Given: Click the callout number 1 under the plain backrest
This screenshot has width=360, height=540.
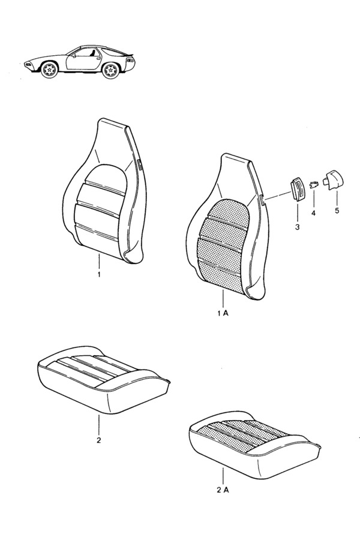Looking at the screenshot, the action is point(99,275).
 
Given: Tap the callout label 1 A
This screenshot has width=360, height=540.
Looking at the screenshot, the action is point(223,313).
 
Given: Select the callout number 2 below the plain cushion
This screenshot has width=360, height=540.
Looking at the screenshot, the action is point(98,440).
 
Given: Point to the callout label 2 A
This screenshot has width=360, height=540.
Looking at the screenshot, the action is point(223,490).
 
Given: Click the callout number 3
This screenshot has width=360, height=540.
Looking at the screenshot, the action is point(297,227).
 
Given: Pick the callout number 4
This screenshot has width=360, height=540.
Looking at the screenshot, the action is point(313,214).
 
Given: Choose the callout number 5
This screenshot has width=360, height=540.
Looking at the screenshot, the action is point(337,210).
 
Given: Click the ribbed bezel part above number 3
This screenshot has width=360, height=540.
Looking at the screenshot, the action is point(298,190).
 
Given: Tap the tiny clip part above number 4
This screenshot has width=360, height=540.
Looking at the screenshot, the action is point(314,185).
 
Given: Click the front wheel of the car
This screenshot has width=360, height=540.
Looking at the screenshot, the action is point(49,70).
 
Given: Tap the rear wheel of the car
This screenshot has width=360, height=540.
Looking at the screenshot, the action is point(111,70).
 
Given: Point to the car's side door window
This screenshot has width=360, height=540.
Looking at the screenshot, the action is point(87,52).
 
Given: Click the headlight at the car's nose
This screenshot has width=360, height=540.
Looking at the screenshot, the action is point(28,64).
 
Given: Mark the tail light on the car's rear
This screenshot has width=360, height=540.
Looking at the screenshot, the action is point(131,60).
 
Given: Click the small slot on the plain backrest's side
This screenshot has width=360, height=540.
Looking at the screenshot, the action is point(140,164).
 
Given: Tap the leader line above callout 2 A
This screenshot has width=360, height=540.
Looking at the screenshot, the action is point(223,476).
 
